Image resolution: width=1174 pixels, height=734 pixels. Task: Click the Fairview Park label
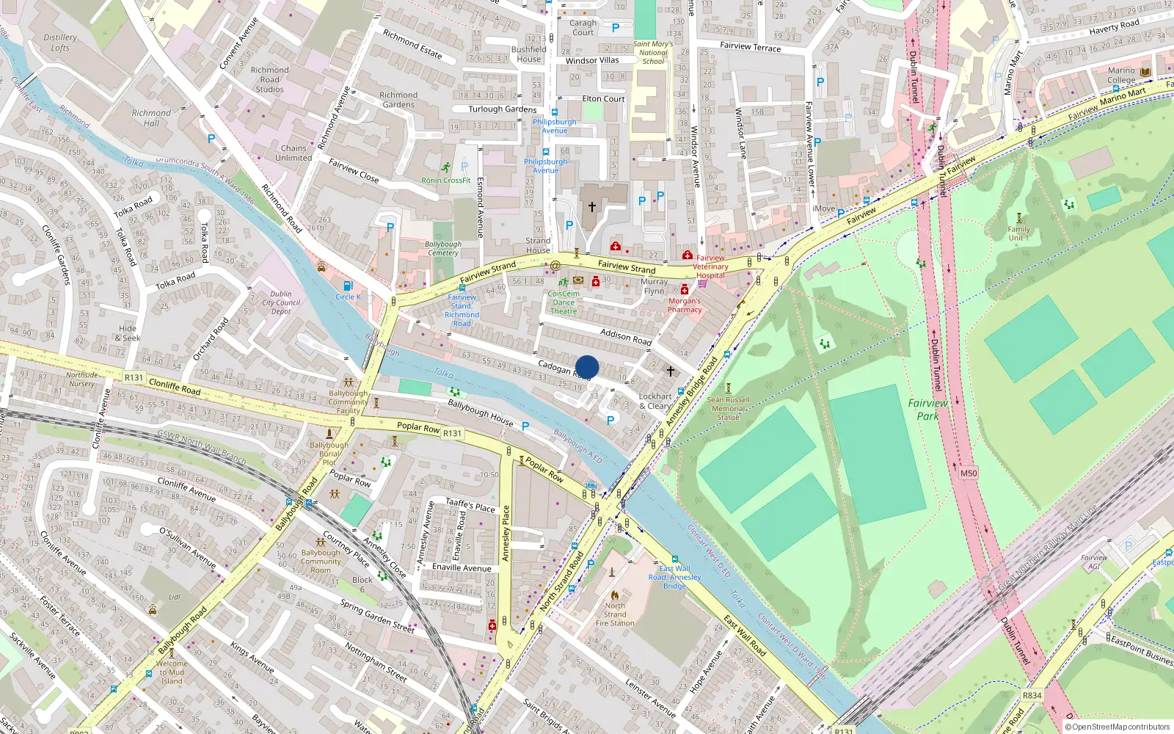pyautogui.click(x=927, y=410)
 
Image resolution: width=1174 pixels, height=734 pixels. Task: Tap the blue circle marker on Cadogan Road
pyautogui.click(x=587, y=367)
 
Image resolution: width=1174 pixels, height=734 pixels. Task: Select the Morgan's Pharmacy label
pyautogui.click(x=684, y=305)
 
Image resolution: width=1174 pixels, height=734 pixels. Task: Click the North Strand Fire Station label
pyautogui.click(x=615, y=614)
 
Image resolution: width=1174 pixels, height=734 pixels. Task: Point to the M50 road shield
pyautogui.click(x=969, y=473)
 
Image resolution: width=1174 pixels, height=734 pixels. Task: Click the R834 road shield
pyautogui.click(x=1032, y=695)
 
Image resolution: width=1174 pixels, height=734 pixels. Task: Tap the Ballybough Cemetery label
pyautogui.click(x=443, y=248)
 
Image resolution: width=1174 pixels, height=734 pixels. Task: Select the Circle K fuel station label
pyautogui.click(x=348, y=297)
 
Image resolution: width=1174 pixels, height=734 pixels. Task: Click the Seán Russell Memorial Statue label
pyautogui.click(x=728, y=409)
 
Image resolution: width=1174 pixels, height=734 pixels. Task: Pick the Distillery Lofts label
pyautogui.click(x=60, y=43)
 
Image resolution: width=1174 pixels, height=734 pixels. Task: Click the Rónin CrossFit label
pyautogui.click(x=446, y=180)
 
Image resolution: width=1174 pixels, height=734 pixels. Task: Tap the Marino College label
pyautogui.click(x=1121, y=76)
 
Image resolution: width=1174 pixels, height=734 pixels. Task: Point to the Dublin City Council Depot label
pyautogui.click(x=281, y=302)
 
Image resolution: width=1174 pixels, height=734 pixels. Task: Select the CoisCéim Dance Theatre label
pyautogui.click(x=564, y=302)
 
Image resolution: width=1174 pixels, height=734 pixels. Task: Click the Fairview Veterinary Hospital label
pyautogui.click(x=710, y=266)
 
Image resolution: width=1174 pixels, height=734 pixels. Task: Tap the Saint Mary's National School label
pyautogui.click(x=653, y=52)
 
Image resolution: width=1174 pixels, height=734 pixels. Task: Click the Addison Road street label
pyautogui.click(x=626, y=337)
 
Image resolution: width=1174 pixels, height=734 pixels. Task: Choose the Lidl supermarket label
pyautogui.click(x=175, y=597)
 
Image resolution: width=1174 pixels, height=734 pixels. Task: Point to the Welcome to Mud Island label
pyautogui.click(x=172, y=672)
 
